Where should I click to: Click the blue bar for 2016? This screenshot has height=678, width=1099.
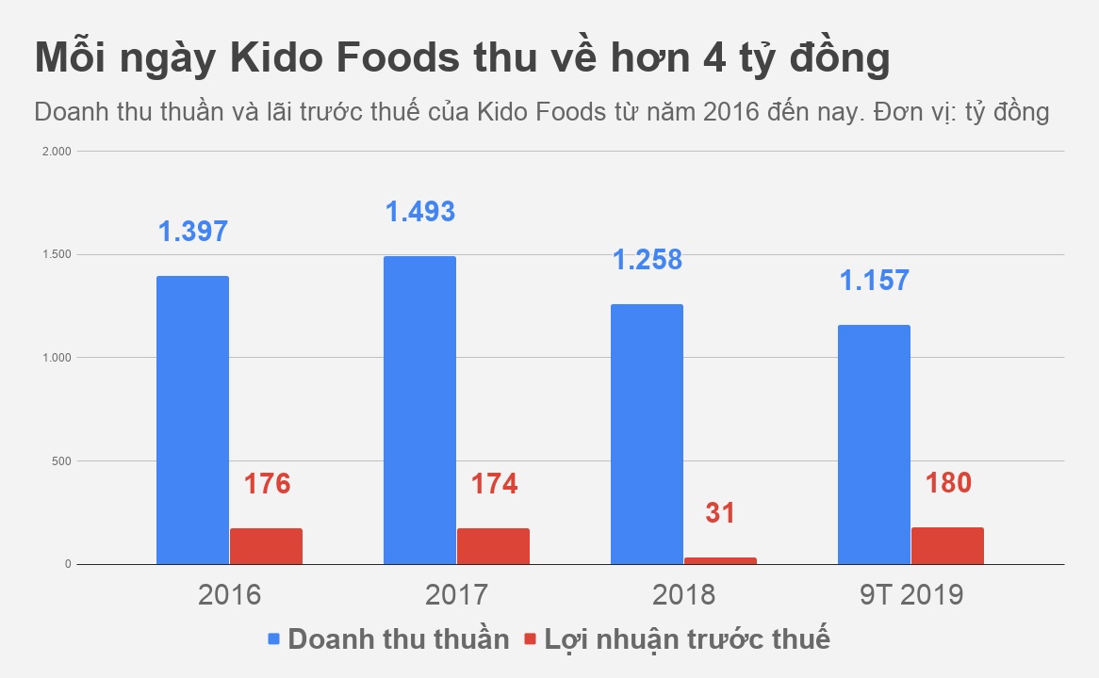192,420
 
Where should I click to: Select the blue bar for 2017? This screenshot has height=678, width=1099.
419,410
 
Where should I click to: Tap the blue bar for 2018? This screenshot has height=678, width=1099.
647,434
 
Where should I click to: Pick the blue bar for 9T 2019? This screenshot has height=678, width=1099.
874,444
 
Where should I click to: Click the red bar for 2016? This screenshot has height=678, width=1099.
266,546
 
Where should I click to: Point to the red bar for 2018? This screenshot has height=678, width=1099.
720,560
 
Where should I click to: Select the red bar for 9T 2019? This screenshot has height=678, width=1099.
947,545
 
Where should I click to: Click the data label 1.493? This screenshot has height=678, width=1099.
419,211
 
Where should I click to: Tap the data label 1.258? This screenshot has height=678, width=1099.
647,259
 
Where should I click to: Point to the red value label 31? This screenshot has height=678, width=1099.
720,513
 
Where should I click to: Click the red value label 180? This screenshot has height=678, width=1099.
947,483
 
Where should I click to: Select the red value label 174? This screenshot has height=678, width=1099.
493,484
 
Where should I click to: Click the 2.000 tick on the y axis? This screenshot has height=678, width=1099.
58,151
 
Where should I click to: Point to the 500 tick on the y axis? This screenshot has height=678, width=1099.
61,461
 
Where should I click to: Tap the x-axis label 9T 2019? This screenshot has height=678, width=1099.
910,595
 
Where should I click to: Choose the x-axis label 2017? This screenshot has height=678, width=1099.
456,595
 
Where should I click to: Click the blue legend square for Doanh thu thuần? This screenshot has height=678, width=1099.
274,638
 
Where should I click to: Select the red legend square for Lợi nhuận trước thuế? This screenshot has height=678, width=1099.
530,638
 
